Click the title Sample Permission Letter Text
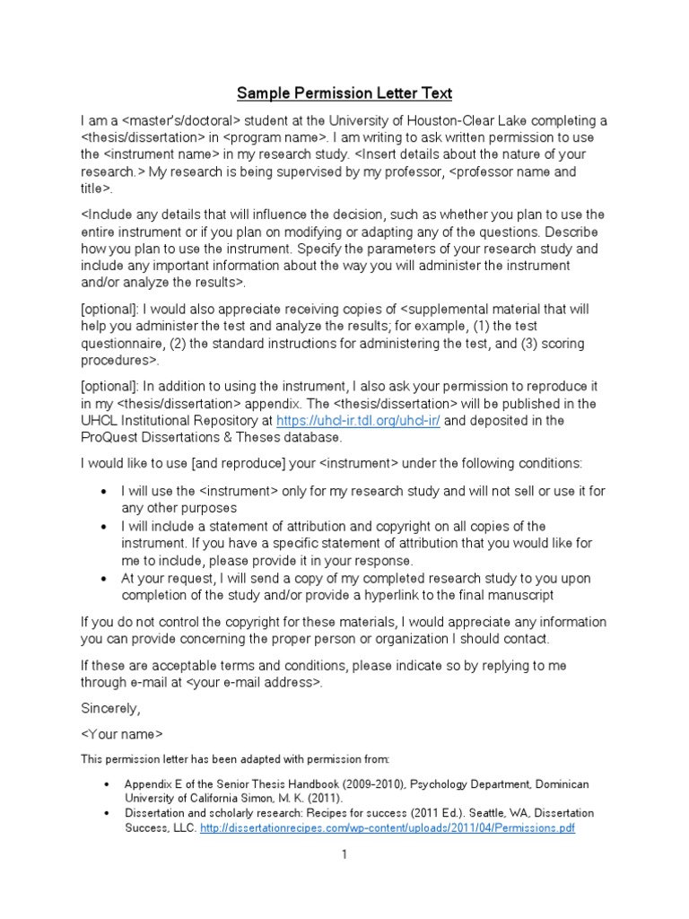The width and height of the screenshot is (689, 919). click(x=344, y=92)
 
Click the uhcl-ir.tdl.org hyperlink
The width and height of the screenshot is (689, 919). click(x=358, y=421)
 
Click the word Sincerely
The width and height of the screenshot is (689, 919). click(x=110, y=708)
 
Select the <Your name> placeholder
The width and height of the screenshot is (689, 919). click(x=121, y=734)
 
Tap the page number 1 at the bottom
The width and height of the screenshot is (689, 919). click(x=344, y=855)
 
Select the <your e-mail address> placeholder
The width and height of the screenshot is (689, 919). click(x=253, y=682)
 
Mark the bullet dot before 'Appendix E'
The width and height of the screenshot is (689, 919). click(x=105, y=784)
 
